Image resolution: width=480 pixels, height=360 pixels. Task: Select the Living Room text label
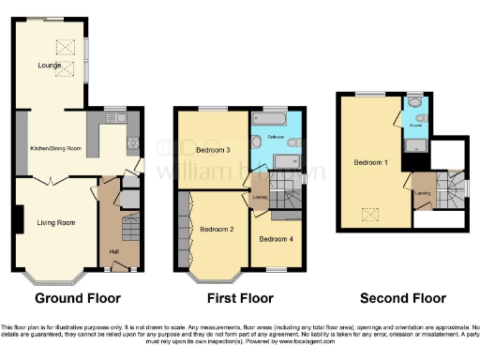point(55,222)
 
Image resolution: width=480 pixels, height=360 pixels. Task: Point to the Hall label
point(112,251)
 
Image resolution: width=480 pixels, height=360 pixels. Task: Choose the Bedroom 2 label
point(217,228)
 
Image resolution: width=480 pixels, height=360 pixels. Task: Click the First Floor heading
point(239,298)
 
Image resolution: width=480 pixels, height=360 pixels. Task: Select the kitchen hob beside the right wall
point(133,145)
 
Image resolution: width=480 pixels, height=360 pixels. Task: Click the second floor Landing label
point(424,192)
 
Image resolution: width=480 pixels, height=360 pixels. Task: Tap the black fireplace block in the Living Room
point(19,220)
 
